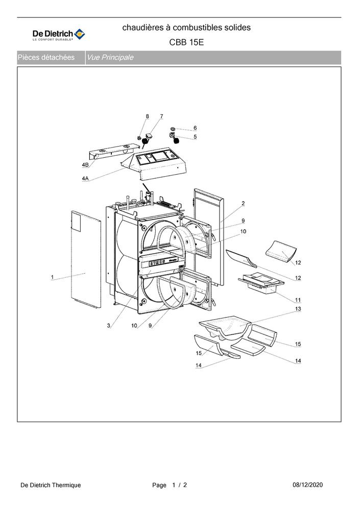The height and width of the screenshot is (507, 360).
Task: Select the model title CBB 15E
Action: [186, 42]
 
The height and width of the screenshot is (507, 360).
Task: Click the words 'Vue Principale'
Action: [110, 57]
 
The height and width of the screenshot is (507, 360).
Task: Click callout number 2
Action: [243, 203]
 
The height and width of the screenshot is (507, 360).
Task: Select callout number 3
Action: [109, 325]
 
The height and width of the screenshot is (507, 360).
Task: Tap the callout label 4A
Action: [85, 179]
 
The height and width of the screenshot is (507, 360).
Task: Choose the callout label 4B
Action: [85, 165]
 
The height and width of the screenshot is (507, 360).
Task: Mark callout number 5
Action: [195, 137]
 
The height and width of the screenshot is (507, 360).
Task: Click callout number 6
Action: [195, 128]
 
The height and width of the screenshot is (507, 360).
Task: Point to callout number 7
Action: [161, 116]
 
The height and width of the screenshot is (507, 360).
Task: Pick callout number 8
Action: [147, 116]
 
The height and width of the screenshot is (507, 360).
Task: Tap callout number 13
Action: [298, 309]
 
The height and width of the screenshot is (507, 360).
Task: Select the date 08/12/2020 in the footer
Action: [307, 485]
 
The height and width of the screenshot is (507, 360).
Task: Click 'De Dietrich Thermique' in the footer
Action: [51, 485]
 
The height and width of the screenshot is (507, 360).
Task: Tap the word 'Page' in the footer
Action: [159, 485]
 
